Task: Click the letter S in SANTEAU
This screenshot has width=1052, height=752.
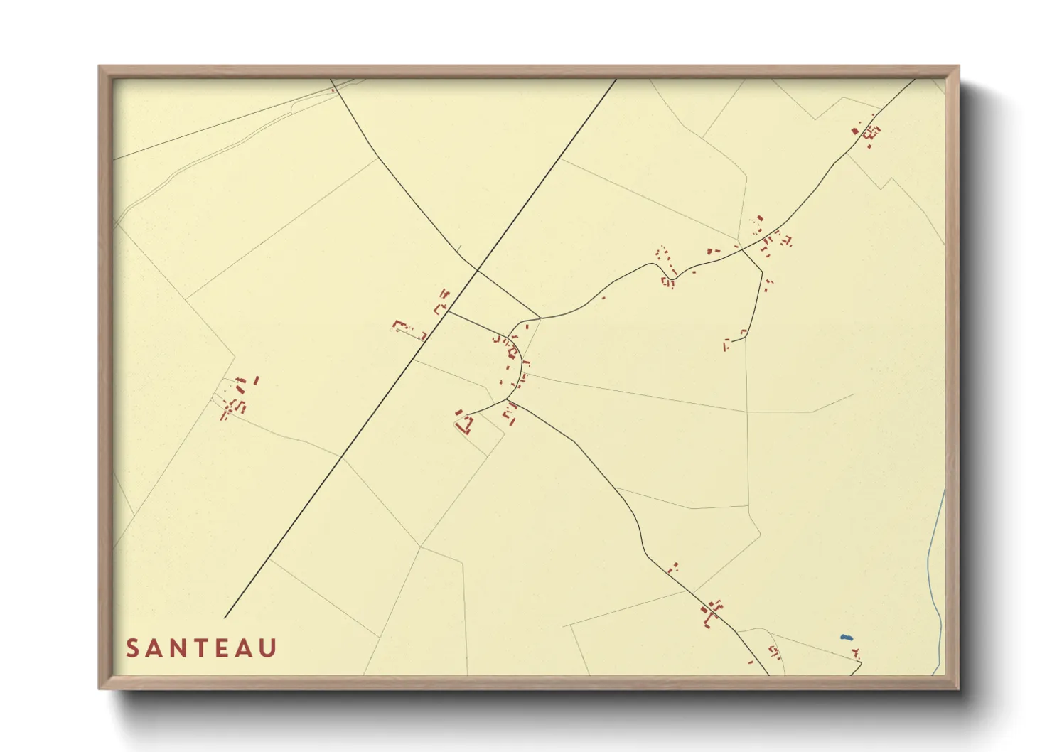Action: pyautogui.click(x=132, y=648)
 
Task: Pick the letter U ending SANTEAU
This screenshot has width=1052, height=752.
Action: pyautogui.click(x=268, y=648)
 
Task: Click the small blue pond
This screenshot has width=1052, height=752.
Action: pyautogui.click(x=845, y=638)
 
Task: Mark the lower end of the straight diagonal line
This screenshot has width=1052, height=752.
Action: pyautogui.click(x=225, y=618)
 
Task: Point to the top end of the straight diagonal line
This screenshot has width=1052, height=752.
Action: pyautogui.click(x=616, y=79)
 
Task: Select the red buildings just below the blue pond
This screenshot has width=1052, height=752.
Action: pyautogui.click(x=857, y=652)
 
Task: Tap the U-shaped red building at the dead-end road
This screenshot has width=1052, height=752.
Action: pyautogui.click(x=465, y=424)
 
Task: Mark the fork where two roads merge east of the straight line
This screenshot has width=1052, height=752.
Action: pyautogui.click(x=541, y=318)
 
